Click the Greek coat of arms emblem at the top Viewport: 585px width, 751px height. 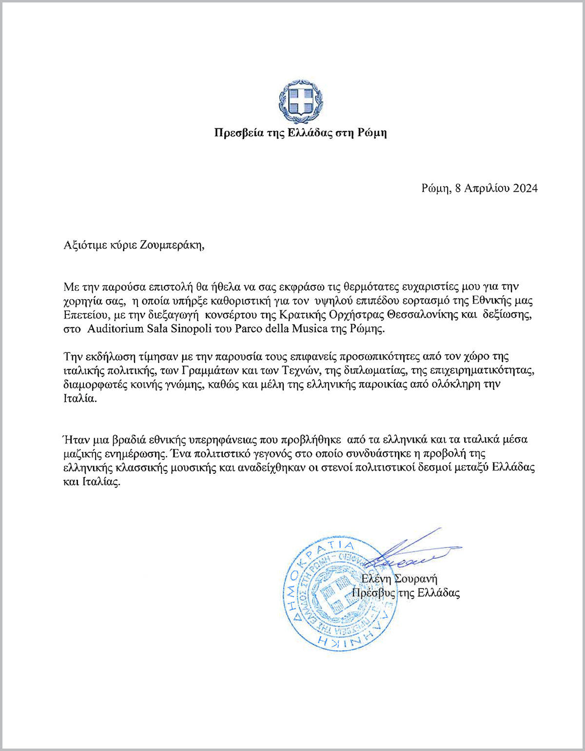click(301, 103)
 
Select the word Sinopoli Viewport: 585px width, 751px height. click(191, 328)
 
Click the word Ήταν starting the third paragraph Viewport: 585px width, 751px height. click(76, 439)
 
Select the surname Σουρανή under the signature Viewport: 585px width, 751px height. click(415, 579)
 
